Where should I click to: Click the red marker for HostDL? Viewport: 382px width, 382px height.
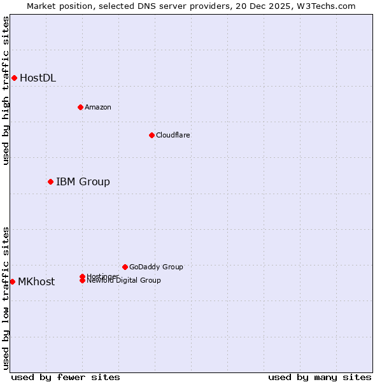point(14,78)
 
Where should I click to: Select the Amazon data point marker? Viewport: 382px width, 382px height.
point(80,107)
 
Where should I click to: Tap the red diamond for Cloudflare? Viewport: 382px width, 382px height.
point(152,135)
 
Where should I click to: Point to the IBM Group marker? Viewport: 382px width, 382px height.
point(50,181)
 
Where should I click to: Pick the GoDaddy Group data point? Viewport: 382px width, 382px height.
point(125,267)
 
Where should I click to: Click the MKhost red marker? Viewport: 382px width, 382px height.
point(12,281)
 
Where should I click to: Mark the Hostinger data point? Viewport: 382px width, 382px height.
point(82,276)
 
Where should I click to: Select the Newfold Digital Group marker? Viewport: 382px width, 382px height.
point(82,281)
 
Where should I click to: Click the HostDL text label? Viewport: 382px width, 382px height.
point(38,78)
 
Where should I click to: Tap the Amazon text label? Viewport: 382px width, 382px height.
point(97,107)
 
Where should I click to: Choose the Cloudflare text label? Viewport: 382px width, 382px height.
point(173,135)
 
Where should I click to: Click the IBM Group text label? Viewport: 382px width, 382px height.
point(83,182)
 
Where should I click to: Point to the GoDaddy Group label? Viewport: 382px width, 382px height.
point(155,267)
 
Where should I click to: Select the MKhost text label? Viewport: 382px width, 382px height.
point(36,282)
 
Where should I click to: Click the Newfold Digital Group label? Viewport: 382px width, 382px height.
point(124,281)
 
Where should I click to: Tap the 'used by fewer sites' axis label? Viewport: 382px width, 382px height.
point(66,377)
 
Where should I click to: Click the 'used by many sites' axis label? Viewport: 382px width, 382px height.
point(320,377)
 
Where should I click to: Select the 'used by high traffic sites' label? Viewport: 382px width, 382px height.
point(6,90)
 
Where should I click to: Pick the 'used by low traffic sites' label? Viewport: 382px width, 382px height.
point(6,298)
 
